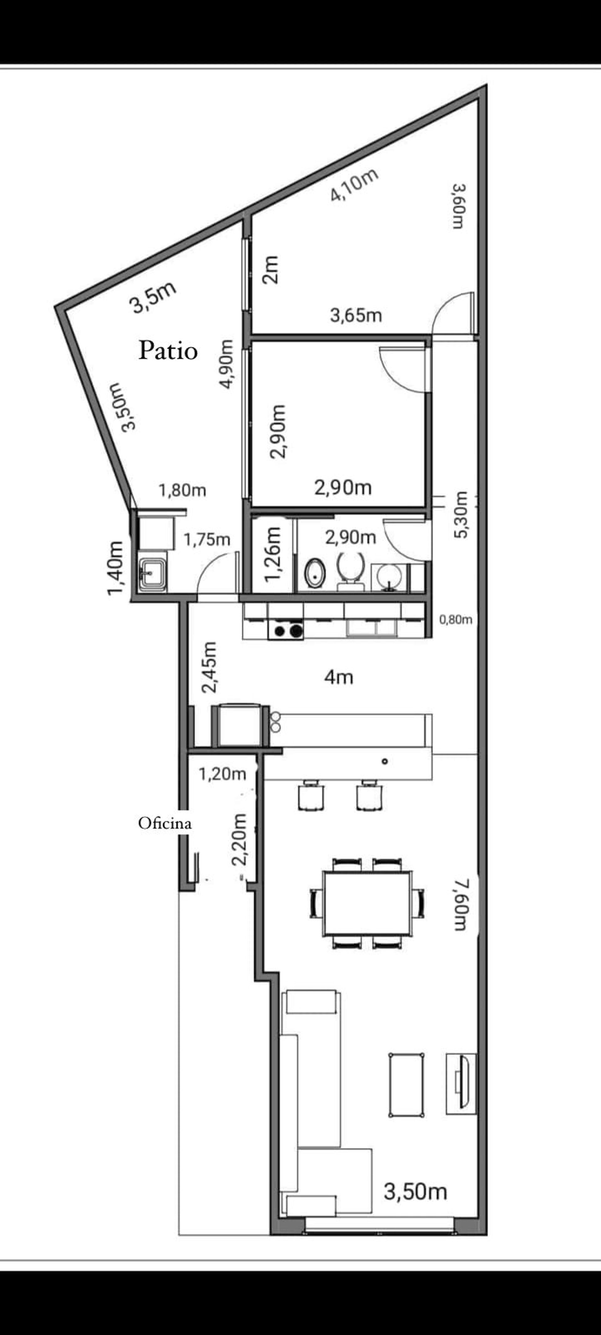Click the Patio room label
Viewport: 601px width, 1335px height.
pyautogui.click(x=168, y=351)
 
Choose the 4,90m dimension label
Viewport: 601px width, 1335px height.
pyautogui.click(x=227, y=364)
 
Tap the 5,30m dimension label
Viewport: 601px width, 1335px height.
pyautogui.click(x=460, y=515)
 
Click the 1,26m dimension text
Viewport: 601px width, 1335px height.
pyautogui.click(x=273, y=554)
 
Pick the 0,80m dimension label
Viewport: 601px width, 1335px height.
pyautogui.click(x=456, y=619)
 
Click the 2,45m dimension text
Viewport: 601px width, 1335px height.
pyautogui.click(x=209, y=668)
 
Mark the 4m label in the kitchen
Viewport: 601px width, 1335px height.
pyautogui.click(x=339, y=677)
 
